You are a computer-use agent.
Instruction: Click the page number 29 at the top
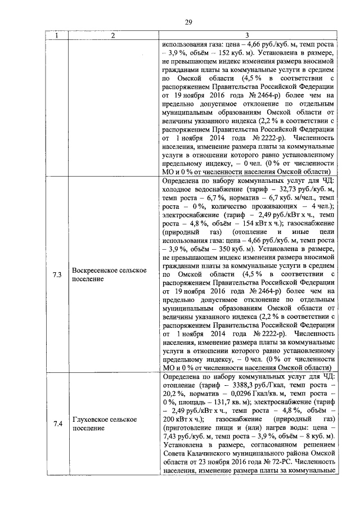pyautogui.click(x=188, y=22)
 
